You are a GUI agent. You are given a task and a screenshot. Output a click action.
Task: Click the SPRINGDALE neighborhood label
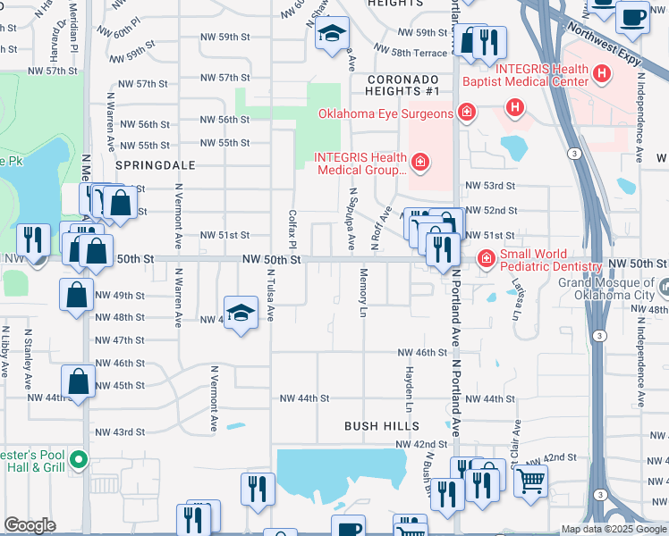click(x=148, y=166)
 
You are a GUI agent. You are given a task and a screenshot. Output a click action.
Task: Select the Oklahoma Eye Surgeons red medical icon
click(x=465, y=113)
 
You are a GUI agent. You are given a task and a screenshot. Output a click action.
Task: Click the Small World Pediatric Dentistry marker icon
click(x=486, y=260)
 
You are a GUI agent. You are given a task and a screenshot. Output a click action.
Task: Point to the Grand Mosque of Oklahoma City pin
click(x=668, y=288)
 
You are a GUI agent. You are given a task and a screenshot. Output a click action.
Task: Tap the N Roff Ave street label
click(x=383, y=227)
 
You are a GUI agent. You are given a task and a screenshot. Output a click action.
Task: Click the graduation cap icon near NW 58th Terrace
click(x=331, y=36)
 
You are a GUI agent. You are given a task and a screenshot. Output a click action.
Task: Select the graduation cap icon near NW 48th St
click(x=240, y=314)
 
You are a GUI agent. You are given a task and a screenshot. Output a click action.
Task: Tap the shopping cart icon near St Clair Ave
click(x=531, y=482)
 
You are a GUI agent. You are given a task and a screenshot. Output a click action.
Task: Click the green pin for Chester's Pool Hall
click(x=79, y=461)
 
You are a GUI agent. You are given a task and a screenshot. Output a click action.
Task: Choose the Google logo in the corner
click(x=30, y=525)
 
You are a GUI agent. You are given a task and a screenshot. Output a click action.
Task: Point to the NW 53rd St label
click(x=490, y=185)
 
